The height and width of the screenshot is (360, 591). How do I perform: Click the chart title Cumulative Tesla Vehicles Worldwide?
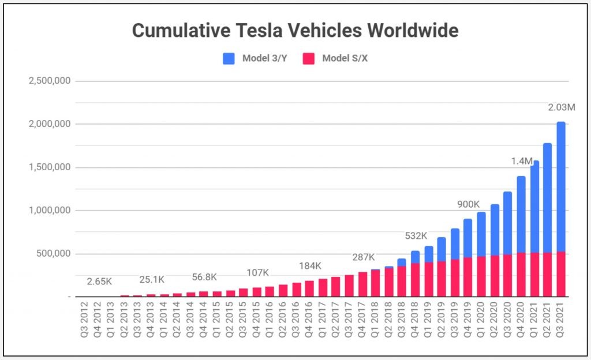[x=295, y=30]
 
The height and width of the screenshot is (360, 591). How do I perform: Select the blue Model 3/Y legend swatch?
[x=229, y=58]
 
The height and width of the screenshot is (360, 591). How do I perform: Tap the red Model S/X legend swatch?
[x=308, y=58]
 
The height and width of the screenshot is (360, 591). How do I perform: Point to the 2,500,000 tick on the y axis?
[x=50, y=81]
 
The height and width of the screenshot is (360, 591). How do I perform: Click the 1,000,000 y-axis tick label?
[x=50, y=211]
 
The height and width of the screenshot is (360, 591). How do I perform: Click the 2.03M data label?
[x=561, y=107]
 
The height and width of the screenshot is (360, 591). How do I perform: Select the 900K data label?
[x=469, y=204]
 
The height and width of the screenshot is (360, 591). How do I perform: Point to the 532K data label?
[x=416, y=235]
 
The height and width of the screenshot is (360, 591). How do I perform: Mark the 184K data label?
[x=310, y=265]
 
